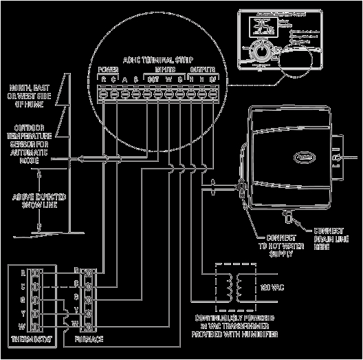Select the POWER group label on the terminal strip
109,70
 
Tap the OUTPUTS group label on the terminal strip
201,70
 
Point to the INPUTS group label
164,70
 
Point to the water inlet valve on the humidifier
241,185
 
